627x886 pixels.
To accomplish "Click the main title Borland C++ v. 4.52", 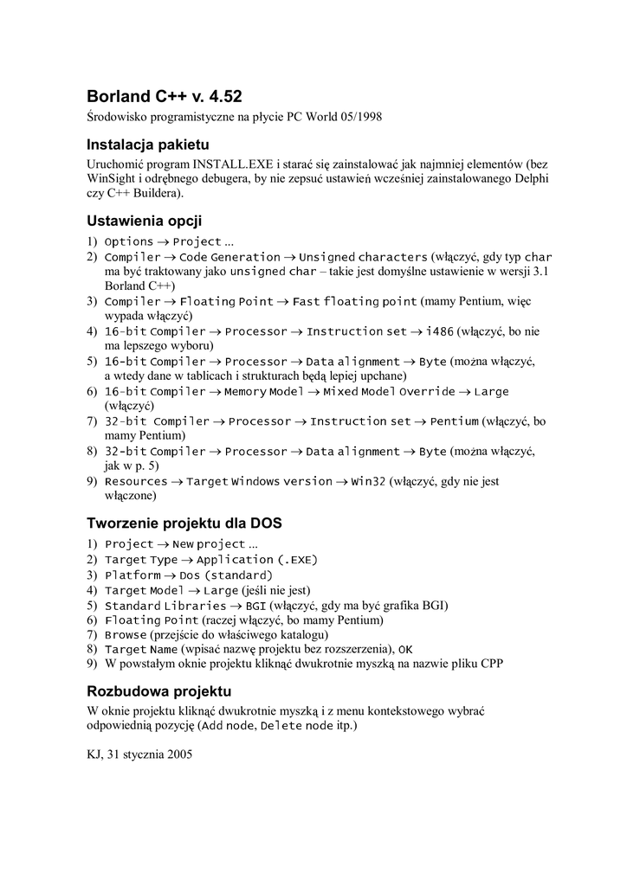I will pyautogui.click(x=171, y=96).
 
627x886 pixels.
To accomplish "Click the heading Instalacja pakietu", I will pyautogui.click(x=148, y=144).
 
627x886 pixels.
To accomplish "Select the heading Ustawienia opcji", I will pyautogui.click(x=145, y=221).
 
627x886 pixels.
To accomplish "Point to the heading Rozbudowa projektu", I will pyautogui.click(x=159, y=691).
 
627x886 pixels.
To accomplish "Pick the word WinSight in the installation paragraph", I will pyautogui.click(x=111, y=178).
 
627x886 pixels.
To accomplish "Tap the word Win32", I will pyautogui.click(x=368, y=481).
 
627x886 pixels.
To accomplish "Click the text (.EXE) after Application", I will pyautogui.click(x=297, y=560).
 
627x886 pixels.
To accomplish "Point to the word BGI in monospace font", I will pyautogui.click(x=255, y=605).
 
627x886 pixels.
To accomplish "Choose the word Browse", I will pyautogui.click(x=126, y=634).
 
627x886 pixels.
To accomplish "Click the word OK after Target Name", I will pyautogui.click(x=405, y=649).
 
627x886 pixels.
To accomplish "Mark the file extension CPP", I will pyautogui.click(x=493, y=664).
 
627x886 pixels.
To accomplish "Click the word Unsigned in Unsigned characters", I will pyautogui.click(x=326, y=257).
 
